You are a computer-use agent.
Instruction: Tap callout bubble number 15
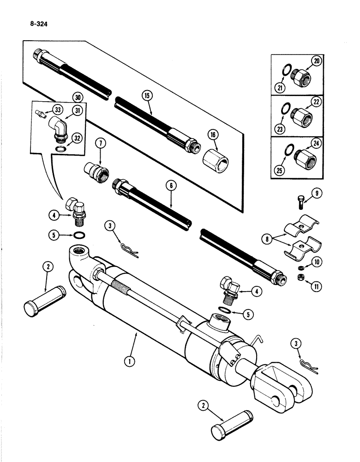point(146,96)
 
